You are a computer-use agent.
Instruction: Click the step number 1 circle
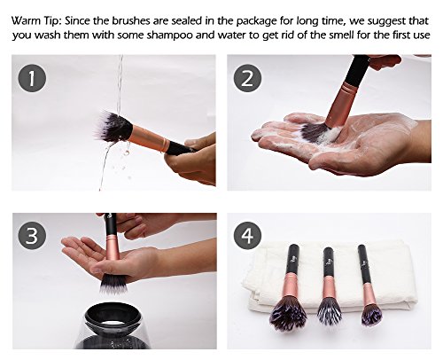pyautogui.click(x=32, y=78)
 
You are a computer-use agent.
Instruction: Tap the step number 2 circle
pyautogui.click(x=247, y=78)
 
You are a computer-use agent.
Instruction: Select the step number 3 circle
pyautogui.click(x=32, y=236)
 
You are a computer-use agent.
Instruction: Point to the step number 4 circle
pyautogui.click(x=247, y=236)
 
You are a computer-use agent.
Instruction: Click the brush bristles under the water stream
pyautogui.click(x=113, y=127)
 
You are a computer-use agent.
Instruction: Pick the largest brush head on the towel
pyautogui.click(x=288, y=314)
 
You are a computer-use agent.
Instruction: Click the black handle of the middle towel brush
pyautogui.click(x=329, y=262)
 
